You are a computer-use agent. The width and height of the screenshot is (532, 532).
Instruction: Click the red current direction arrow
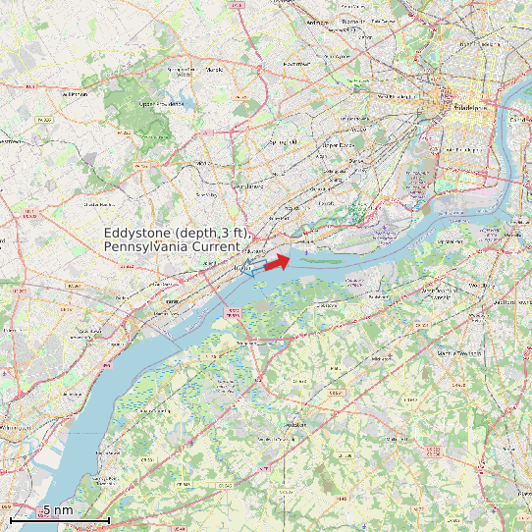(278, 261)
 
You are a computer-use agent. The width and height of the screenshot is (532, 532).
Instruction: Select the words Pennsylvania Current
(171, 246)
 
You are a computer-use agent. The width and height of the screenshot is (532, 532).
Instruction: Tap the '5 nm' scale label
(57, 510)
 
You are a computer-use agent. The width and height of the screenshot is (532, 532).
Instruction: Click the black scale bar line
(59, 518)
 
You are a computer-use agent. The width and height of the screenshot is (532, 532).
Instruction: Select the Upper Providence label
(162, 103)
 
